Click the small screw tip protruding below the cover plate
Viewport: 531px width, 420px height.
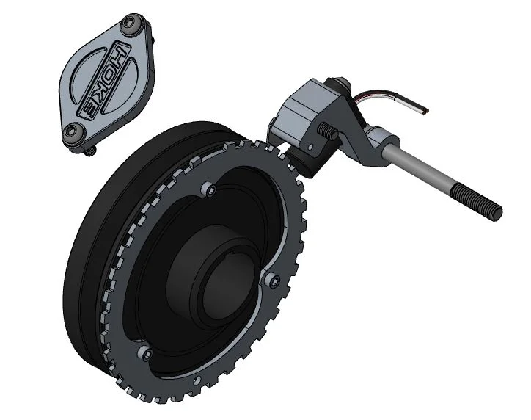(90, 152)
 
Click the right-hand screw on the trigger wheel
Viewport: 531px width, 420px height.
(274, 282)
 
